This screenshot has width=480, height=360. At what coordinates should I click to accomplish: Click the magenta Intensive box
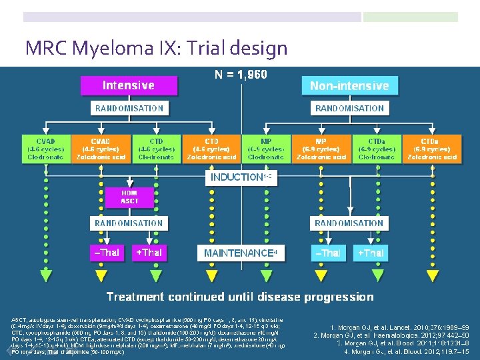(128, 85)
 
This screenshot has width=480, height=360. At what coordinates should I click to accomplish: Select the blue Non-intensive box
(349, 86)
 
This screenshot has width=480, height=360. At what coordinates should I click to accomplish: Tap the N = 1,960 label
(241, 75)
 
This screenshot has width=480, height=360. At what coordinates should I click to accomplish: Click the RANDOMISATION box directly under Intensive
(129, 108)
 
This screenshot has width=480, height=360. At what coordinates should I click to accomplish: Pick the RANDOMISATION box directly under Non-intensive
(349, 108)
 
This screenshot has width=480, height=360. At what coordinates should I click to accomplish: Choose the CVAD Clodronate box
(45, 149)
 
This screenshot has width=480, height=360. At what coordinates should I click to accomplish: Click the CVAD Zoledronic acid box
(101, 149)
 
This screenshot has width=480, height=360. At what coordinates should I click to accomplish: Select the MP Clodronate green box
(266, 149)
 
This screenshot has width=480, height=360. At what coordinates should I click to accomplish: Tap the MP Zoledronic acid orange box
(321, 149)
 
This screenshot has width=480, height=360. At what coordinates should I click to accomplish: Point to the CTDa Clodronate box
(377, 149)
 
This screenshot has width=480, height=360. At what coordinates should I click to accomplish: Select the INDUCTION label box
(241, 177)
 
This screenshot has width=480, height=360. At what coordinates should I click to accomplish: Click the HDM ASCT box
(129, 197)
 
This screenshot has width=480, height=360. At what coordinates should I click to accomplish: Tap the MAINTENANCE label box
(241, 253)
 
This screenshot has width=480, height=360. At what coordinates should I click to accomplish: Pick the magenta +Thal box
(149, 253)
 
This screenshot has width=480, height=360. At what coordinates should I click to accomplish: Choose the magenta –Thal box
(107, 253)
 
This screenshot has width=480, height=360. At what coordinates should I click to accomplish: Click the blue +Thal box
(370, 253)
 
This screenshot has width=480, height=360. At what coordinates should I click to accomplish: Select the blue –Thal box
(328, 253)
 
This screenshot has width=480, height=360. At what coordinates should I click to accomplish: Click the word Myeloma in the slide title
(101, 49)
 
